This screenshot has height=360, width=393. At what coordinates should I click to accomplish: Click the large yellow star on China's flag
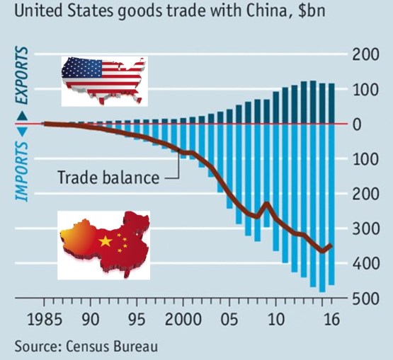click(106, 242)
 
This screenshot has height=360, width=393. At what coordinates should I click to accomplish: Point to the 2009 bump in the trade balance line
click(266, 204)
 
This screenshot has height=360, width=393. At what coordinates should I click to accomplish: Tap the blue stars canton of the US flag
click(76, 69)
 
